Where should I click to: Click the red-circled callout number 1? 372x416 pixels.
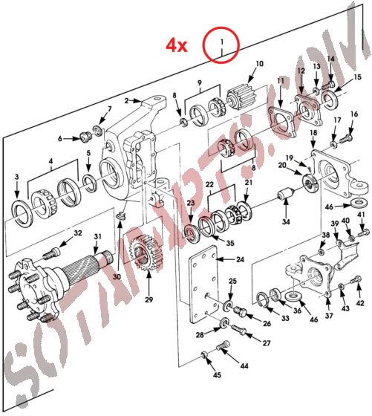point(221,45)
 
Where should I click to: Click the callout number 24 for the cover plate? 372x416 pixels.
point(239,259)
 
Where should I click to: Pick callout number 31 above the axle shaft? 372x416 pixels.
point(96,237)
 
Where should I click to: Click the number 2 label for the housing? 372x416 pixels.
point(127,100)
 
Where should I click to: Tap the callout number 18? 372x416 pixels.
point(313,132)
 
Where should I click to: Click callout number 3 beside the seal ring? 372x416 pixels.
point(17,176)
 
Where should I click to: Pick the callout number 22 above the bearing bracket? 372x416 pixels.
point(210,184)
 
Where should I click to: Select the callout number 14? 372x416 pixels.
point(331,59)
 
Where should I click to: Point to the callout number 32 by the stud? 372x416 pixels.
point(78,234)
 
